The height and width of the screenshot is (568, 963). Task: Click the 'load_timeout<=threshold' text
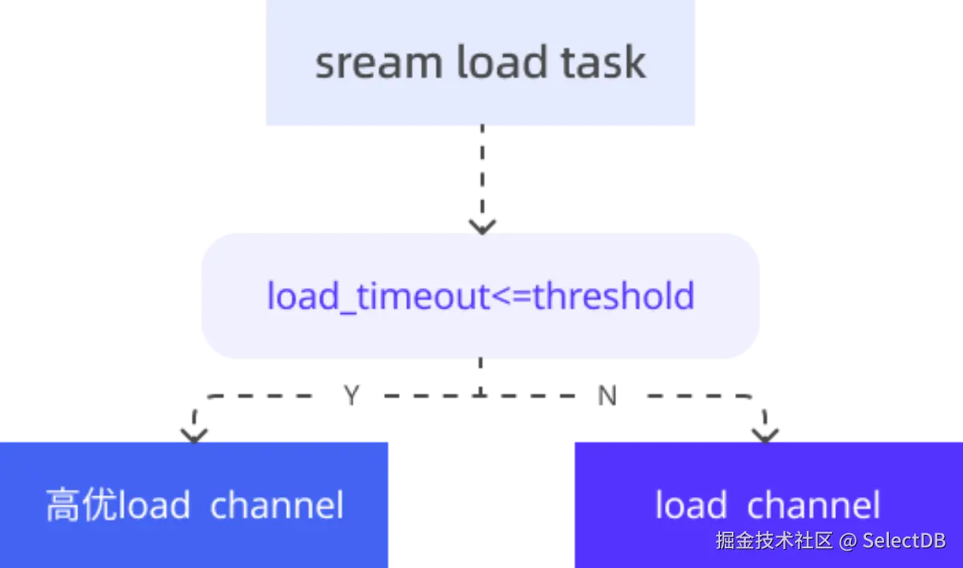click(x=480, y=297)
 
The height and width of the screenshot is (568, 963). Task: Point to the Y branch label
click(x=353, y=395)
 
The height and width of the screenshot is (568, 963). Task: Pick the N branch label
click(x=607, y=395)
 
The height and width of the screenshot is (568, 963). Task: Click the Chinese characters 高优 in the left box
click(x=80, y=506)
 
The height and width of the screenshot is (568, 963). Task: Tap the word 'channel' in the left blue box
click(x=277, y=506)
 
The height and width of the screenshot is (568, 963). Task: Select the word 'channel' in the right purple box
click(x=812, y=506)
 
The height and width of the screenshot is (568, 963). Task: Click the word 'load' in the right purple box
click(x=691, y=506)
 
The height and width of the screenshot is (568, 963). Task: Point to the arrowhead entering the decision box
click(x=482, y=223)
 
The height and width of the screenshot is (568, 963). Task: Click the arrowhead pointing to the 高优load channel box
click(x=194, y=431)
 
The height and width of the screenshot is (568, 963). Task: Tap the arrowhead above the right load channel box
click(x=764, y=431)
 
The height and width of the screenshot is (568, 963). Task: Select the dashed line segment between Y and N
click(x=481, y=398)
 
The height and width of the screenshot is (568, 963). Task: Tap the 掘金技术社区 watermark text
click(x=774, y=541)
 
